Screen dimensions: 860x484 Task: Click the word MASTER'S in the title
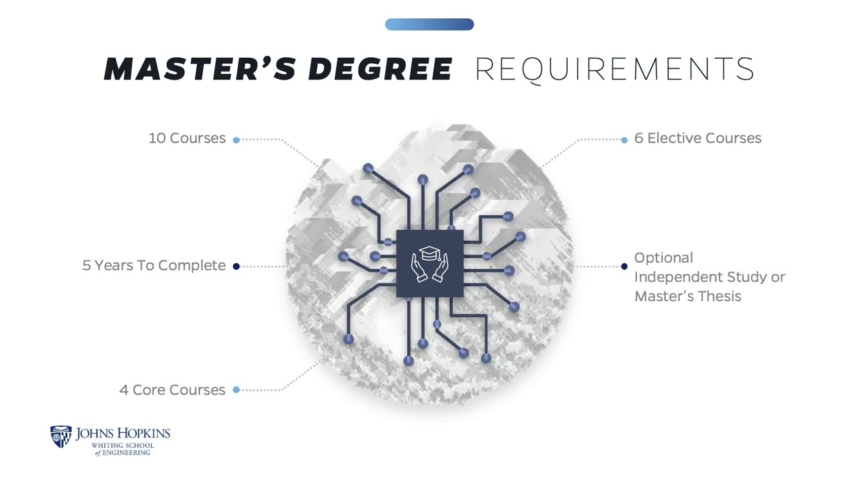point(200,69)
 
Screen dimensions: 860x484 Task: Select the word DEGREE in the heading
point(380,69)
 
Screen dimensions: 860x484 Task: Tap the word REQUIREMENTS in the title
point(615,69)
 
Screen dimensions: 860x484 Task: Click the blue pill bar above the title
point(429,24)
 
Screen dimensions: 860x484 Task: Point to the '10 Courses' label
point(187,138)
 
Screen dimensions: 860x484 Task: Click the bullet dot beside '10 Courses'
point(236,140)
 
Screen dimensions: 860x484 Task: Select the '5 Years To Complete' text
point(154,266)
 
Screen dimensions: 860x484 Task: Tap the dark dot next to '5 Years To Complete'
point(236,266)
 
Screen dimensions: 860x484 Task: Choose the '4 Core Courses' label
point(173,390)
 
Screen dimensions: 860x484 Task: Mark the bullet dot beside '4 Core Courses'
point(236,390)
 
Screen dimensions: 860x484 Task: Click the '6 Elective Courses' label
point(697,138)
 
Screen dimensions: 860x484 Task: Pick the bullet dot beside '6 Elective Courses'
point(624,140)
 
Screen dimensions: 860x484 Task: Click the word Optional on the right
point(663,258)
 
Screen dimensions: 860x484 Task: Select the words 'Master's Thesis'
point(687,296)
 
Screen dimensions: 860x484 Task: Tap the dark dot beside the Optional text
point(624,266)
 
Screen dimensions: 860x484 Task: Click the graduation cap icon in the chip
point(429,253)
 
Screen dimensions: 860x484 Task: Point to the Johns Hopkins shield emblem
point(61,436)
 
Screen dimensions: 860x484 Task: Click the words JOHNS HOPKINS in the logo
point(123,434)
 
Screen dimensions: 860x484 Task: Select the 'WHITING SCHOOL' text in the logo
point(122,446)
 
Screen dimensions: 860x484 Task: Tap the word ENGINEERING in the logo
point(126,453)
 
